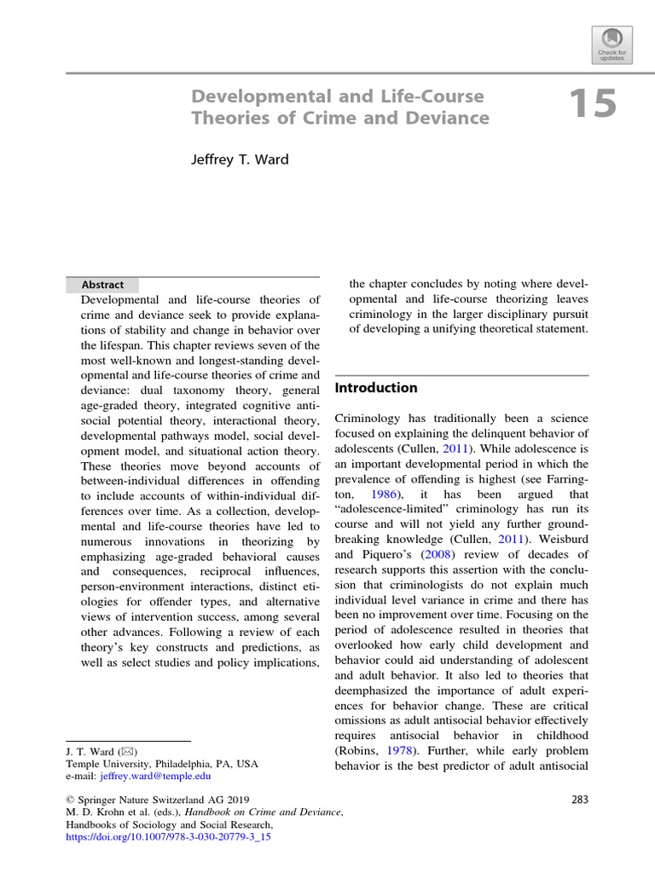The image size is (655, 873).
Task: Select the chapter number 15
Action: (591, 105)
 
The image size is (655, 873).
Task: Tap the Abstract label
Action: (102, 285)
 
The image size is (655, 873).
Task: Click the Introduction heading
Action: (376, 388)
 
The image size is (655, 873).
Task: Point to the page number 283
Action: (577, 799)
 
